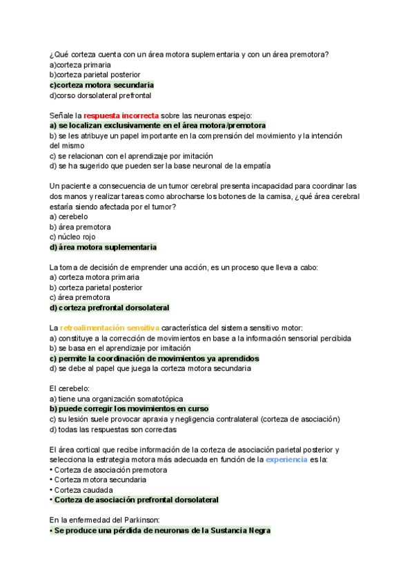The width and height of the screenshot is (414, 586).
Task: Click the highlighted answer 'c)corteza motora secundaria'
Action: (x=101, y=85)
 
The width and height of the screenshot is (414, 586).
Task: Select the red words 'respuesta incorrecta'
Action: (x=121, y=115)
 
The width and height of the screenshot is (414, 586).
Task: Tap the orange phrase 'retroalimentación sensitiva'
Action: (x=110, y=328)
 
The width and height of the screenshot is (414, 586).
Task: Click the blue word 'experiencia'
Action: (x=286, y=459)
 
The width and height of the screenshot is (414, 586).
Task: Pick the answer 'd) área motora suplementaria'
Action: (x=103, y=247)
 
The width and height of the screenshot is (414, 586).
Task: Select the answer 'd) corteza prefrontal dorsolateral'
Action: (x=109, y=308)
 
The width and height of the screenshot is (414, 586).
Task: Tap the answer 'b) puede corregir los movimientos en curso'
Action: (x=129, y=408)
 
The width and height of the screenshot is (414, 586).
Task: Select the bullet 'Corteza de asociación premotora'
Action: (x=108, y=470)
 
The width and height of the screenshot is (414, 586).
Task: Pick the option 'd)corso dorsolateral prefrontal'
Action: (x=100, y=95)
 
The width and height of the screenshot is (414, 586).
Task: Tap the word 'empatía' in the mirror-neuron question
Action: (x=256, y=166)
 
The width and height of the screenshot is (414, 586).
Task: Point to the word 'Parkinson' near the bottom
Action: (x=139, y=520)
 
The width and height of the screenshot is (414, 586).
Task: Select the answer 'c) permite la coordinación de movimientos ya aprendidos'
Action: (x=154, y=359)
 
